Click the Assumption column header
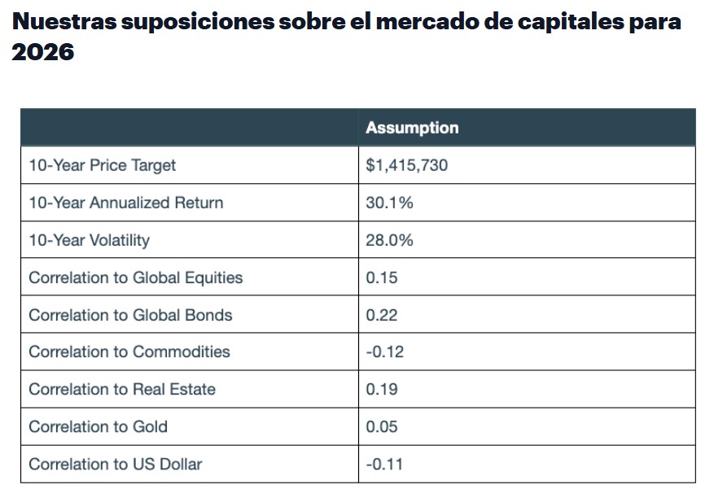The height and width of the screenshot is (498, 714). (x=412, y=128)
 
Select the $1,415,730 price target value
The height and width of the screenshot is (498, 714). (x=407, y=165)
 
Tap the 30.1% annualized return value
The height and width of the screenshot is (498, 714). (x=390, y=203)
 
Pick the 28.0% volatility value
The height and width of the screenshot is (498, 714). (x=390, y=240)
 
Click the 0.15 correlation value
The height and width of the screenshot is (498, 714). (x=382, y=277)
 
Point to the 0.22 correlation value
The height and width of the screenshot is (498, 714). (x=382, y=315)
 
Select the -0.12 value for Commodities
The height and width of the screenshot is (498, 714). (x=384, y=352)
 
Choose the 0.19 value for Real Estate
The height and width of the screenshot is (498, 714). (x=382, y=389)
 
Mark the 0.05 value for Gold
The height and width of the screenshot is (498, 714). (x=382, y=426)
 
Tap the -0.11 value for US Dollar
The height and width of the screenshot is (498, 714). (x=384, y=464)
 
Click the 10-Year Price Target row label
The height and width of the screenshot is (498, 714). (x=103, y=165)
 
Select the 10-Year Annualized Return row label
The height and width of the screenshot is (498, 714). (x=125, y=203)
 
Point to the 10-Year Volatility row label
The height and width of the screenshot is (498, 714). (x=90, y=240)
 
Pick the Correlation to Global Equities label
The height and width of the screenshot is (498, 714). (x=136, y=277)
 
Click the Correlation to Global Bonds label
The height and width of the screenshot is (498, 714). (x=130, y=315)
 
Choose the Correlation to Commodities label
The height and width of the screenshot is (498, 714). (x=129, y=352)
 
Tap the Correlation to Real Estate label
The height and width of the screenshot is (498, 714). (x=122, y=389)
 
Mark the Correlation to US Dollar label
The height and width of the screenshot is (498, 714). (x=116, y=464)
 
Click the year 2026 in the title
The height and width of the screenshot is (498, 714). (x=43, y=52)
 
